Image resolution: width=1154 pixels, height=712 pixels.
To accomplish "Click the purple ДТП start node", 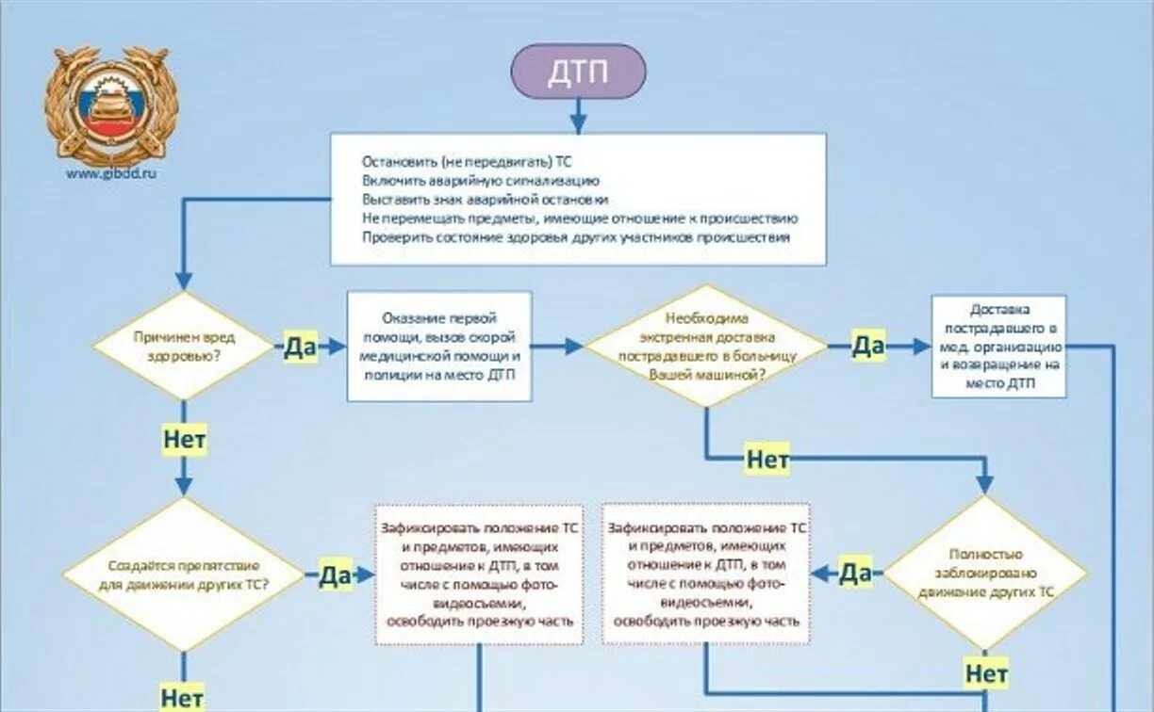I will tap(578, 72).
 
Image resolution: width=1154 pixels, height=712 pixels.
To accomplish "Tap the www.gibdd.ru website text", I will tap(110, 173).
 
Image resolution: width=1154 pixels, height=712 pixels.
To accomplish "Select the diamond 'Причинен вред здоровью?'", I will tap(185, 346).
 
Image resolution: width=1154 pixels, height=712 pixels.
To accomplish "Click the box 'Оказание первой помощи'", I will tap(439, 346).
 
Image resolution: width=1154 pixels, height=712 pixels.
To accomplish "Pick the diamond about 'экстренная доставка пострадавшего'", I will tap(706, 346).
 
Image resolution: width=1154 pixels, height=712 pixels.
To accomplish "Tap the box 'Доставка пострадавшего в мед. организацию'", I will tap(998, 346).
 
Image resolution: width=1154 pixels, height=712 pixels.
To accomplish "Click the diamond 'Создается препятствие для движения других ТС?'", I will tap(185, 574).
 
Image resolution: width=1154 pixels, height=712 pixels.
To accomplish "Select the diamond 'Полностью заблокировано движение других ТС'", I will tap(986, 573).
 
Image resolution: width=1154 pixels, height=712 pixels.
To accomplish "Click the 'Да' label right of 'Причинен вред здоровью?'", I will tap(300, 347).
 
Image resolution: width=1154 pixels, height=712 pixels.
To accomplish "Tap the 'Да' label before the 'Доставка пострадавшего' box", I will tap(867, 346).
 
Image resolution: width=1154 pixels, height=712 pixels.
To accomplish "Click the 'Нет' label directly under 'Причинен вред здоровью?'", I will tap(185, 440).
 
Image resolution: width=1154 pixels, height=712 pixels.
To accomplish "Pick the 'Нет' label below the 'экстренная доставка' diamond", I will tap(767, 460).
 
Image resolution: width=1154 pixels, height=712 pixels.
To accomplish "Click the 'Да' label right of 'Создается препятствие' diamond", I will tap(335, 574).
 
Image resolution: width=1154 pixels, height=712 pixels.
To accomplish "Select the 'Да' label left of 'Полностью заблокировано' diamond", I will tap(854, 573).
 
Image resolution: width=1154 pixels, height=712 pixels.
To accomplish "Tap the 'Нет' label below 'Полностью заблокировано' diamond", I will tap(986, 673).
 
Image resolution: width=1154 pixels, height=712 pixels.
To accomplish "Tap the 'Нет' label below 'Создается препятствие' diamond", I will tap(183, 698).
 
